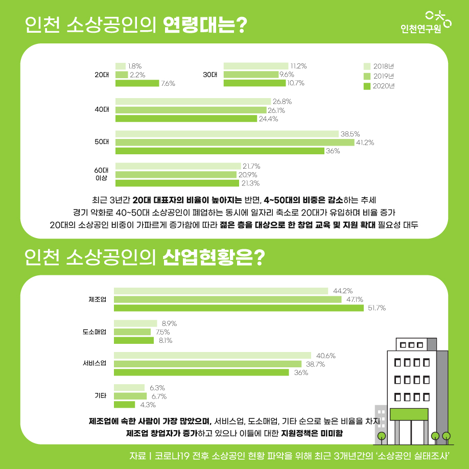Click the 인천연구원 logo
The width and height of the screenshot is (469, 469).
(426, 22)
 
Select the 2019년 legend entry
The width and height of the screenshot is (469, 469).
(379, 76)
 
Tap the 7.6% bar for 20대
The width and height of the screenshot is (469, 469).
(137, 83)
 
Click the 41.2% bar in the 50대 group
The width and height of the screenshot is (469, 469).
(235, 143)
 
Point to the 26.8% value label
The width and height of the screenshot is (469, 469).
(282, 102)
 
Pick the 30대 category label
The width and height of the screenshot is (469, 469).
(210, 75)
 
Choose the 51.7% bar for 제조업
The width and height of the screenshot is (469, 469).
(239, 308)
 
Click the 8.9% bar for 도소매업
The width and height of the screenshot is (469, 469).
(135, 323)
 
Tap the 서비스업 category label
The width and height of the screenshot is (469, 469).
(95, 363)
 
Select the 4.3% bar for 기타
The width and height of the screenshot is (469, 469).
(125, 405)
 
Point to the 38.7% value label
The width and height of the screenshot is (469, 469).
(315, 364)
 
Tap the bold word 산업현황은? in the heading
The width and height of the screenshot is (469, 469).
(214, 257)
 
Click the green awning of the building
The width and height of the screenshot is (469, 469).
(409, 414)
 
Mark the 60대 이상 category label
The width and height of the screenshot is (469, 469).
(101, 174)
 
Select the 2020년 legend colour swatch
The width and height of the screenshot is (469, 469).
(367, 86)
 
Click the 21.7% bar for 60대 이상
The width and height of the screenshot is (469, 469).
(178, 166)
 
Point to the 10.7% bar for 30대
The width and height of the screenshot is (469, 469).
(254, 83)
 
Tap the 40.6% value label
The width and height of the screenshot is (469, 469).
(326, 356)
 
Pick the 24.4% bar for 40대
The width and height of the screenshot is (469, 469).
(186, 119)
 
